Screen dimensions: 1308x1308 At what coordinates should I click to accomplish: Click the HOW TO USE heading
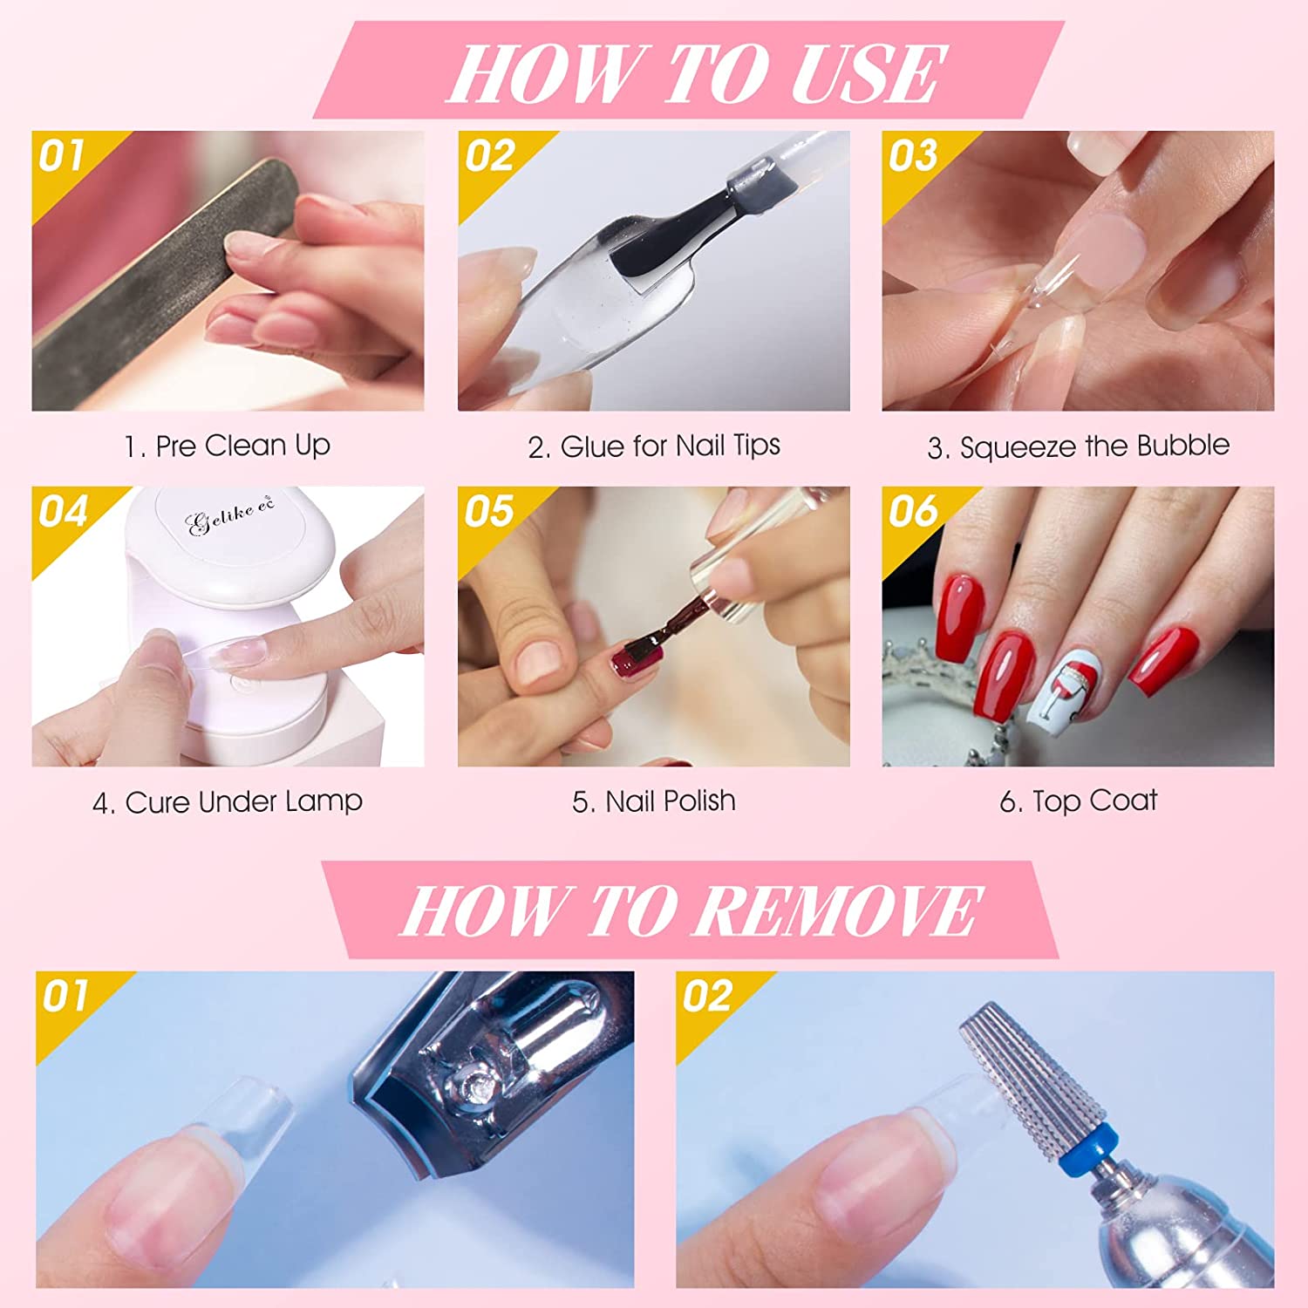point(695,72)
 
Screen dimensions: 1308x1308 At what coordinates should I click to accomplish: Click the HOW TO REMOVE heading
point(691,909)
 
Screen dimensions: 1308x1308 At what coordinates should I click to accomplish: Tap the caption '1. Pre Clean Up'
point(228,446)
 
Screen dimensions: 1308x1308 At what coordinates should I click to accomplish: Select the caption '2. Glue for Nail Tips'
point(654,446)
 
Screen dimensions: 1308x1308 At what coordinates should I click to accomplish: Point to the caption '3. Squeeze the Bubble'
point(1079,446)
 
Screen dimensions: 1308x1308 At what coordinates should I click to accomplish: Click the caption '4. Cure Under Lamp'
point(228,802)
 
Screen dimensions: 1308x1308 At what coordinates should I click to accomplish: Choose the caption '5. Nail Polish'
point(654,801)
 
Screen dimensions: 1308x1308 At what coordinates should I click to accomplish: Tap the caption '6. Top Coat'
point(1079,801)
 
